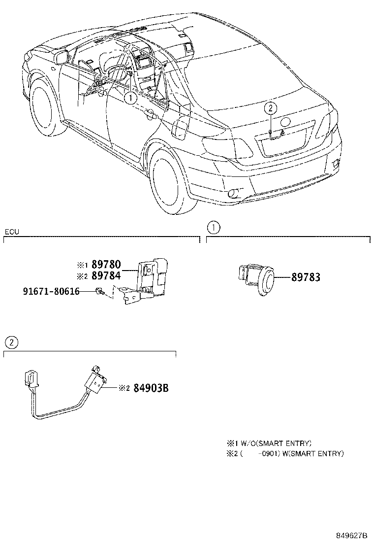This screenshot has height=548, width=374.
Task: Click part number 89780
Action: pyautogui.click(x=106, y=265)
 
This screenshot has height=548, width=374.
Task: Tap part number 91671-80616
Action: pyautogui.click(x=51, y=291)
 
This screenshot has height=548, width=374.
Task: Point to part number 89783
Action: pyautogui.click(x=305, y=277)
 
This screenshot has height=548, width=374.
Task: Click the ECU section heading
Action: pyautogui.click(x=12, y=232)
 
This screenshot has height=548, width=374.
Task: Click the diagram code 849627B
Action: pyautogui.click(x=352, y=536)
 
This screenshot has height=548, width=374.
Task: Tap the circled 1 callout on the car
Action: pyautogui.click(x=130, y=98)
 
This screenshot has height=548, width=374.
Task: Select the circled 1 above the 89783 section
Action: pyautogui.click(x=213, y=228)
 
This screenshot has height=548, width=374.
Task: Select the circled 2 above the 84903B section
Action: pyautogui.click(x=11, y=342)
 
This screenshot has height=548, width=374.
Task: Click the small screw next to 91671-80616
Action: pyautogui.click(x=100, y=292)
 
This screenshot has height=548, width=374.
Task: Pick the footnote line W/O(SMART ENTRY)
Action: pyautogui.click(x=269, y=443)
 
